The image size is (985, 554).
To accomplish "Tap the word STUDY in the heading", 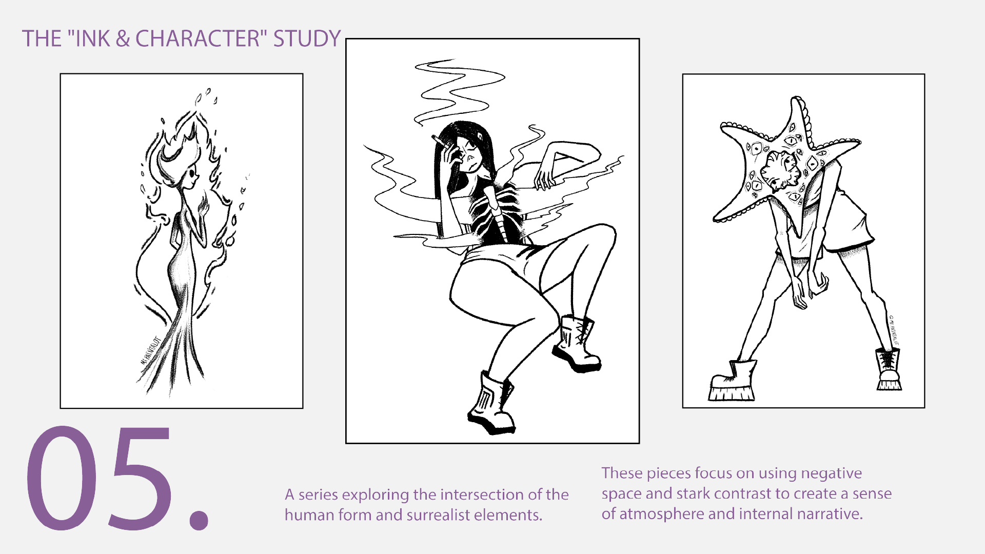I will pyautogui.click(x=307, y=39).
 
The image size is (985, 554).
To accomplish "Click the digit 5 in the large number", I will pyautogui.click(x=140, y=477).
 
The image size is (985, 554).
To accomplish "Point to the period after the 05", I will pyautogui.click(x=199, y=519).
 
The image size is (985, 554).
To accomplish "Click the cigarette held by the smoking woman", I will pyautogui.click(x=439, y=140).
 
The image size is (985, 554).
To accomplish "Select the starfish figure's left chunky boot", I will pyautogui.click(x=733, y=382).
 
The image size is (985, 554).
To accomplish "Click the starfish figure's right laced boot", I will pyautogui.click(x=888, y=369).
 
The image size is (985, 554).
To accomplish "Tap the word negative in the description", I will pyautogui.click(x=831, y=473).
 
